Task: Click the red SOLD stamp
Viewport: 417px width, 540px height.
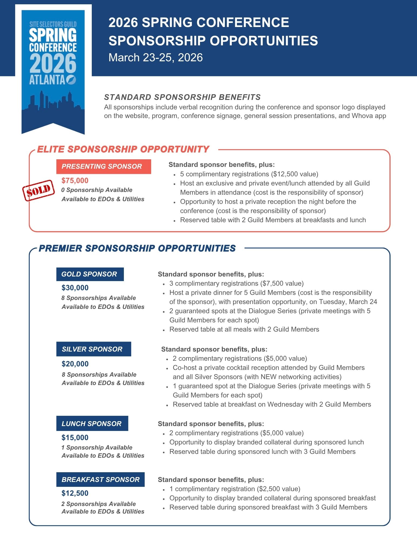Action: tap(38, 190)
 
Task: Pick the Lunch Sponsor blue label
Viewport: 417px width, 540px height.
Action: tap(92, 424)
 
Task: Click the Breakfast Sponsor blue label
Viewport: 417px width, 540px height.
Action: tap(100, 480)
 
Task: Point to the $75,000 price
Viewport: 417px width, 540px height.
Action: tap(75, 181)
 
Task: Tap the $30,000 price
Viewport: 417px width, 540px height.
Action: tap(75, 288)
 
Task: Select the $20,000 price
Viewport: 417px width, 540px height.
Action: tap(75, 364)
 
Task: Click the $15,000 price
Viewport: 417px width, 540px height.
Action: tap(75, 438)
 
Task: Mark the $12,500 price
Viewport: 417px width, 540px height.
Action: tap(75, 493)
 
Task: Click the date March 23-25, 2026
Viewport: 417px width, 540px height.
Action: tap(155, 58)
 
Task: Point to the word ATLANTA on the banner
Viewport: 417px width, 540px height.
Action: tap(47, 80)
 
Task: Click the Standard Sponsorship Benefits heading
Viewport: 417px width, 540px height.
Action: tap(182, 97)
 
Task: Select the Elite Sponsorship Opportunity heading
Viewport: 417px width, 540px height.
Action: tap(123, 149)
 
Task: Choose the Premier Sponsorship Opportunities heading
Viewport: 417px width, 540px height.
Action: tap(137, 248)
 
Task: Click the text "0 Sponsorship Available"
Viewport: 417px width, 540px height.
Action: tap(97, 190)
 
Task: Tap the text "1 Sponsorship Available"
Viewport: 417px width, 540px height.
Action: tap(97, 448)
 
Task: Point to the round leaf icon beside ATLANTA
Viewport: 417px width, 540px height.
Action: tap(71, 80)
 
